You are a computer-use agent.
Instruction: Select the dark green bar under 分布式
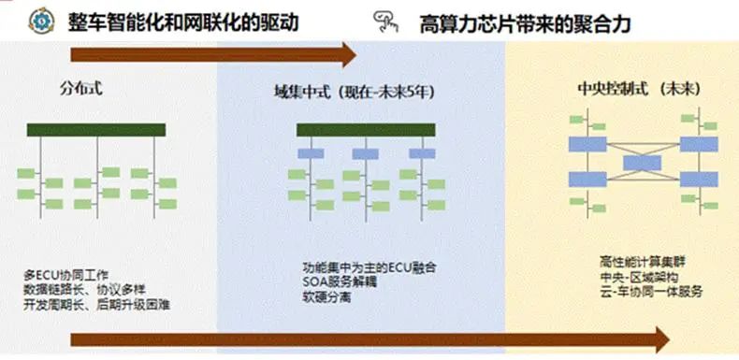pos(96,130)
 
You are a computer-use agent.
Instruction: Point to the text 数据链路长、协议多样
pos(80,290)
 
